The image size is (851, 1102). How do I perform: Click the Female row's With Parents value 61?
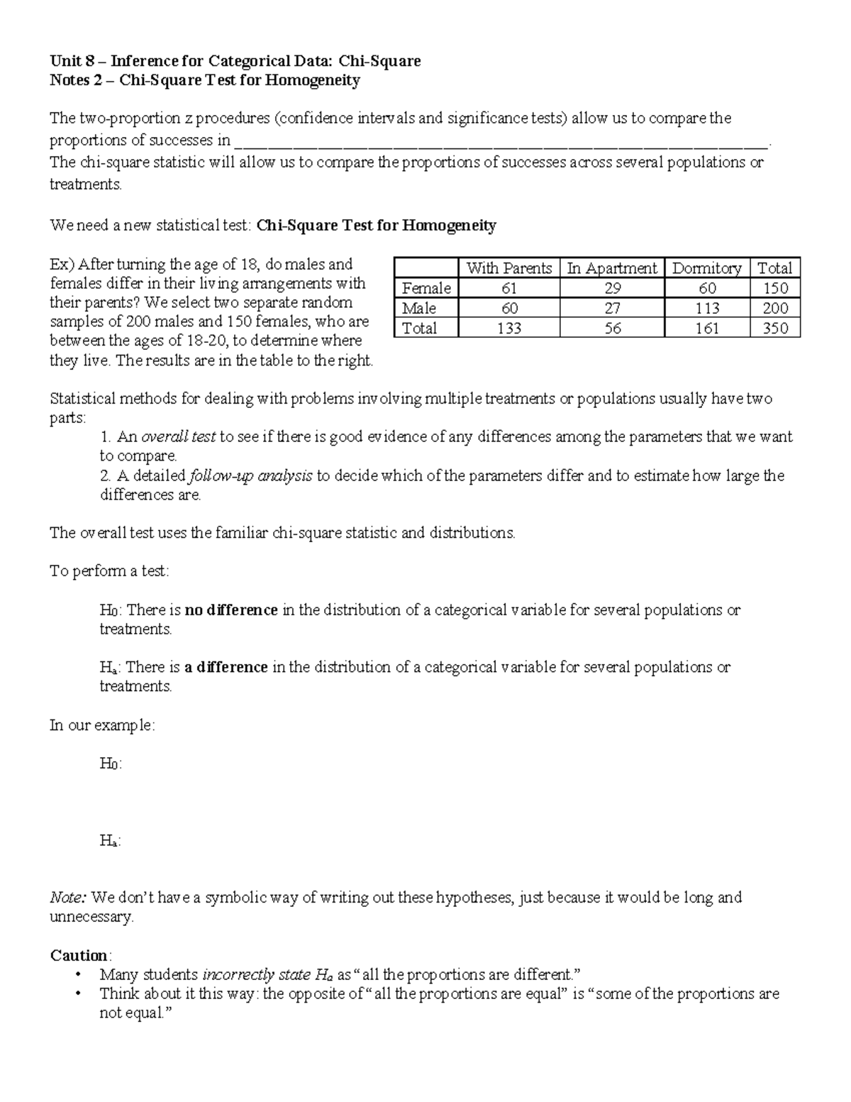tap(508, 288)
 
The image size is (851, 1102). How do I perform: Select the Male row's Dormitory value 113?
tap(707, 308)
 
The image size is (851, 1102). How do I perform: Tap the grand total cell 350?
tap(774, 328)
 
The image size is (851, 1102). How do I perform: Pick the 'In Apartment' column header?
tap(612, 268)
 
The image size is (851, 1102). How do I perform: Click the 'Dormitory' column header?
tap(707, 268)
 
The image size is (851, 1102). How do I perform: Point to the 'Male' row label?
tap(419, 308)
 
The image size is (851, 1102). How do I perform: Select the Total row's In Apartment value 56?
tap(612, 328)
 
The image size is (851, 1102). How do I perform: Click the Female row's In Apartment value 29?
tap(612, 288)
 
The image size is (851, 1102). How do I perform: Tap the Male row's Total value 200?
tap(774, 308)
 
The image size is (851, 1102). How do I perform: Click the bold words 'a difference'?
tap(226, 667)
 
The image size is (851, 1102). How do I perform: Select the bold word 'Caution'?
tap(79, 955)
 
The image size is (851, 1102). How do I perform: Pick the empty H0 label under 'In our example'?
tap(110, 764)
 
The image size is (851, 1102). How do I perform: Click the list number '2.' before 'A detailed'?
tap(106, 475)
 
